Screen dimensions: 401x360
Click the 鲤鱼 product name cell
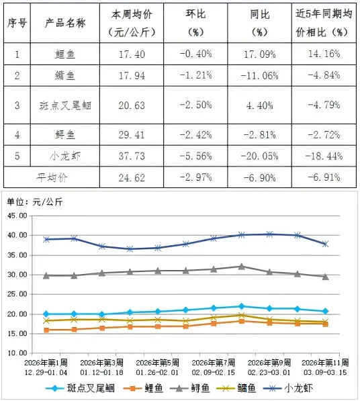tap(68, 53)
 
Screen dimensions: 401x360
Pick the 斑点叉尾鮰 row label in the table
tap(68, 105)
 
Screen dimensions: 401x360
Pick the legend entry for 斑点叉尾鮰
tap(85, 388)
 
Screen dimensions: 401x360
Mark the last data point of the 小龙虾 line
tap(325, 244)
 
